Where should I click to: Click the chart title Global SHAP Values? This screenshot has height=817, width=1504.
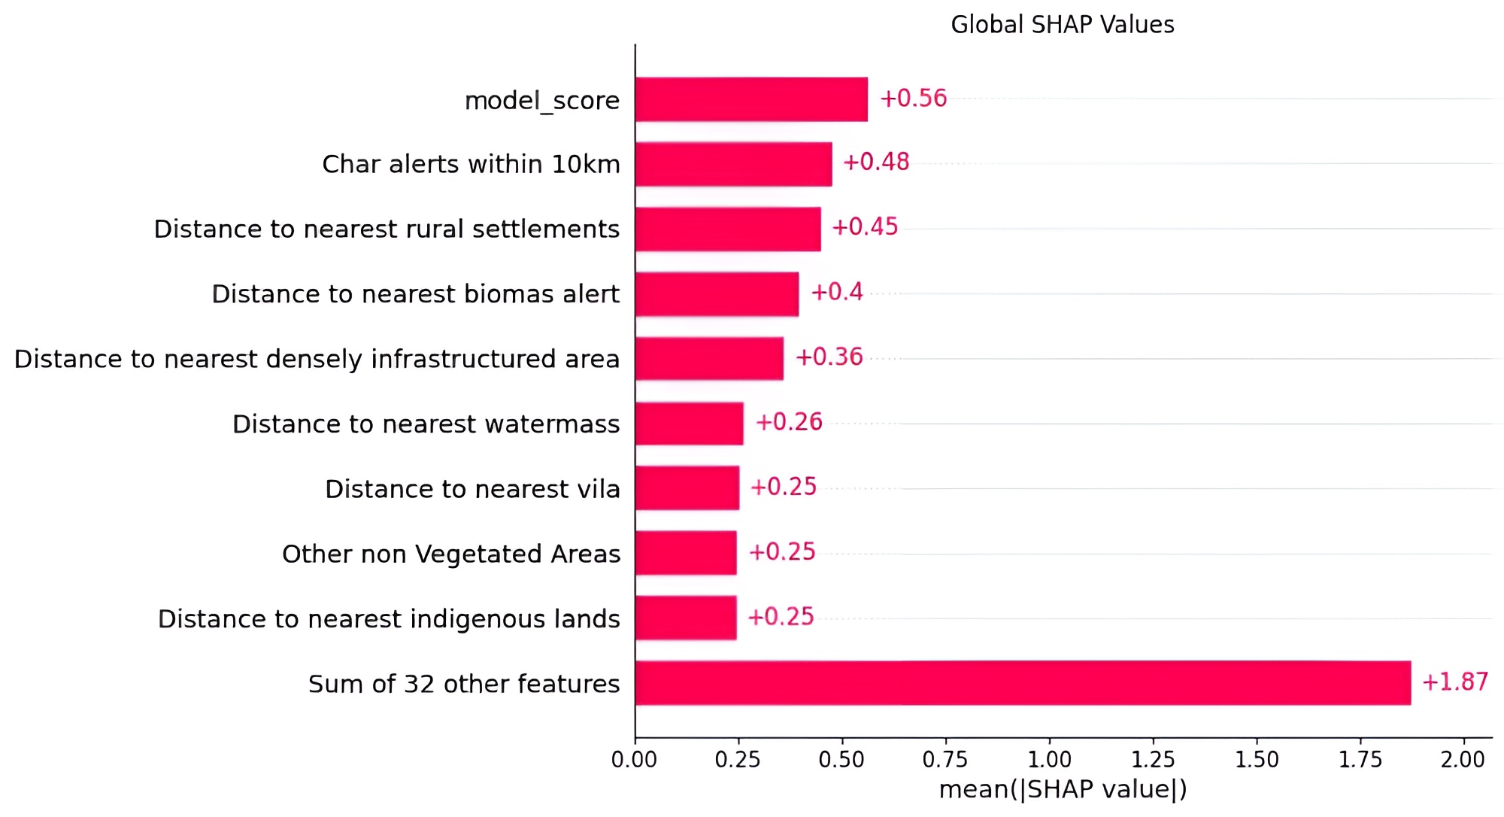[1062, 25]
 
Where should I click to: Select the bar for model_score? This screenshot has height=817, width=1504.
[751, 99]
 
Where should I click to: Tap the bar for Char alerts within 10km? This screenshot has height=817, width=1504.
[733, 164]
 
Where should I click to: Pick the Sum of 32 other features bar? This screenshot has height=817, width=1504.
[1023, 683]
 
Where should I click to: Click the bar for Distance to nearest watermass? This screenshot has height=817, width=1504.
[689, 424]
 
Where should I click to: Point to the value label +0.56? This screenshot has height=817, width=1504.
[913, 99]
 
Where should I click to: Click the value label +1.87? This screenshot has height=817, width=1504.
[1454, 682]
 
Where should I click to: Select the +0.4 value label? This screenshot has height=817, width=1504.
[836, 292]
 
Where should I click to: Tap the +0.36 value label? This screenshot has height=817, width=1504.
[829, 357]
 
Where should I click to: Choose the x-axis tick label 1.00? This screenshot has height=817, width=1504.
[1049, 760]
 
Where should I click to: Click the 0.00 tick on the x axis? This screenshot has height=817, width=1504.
[635, 760]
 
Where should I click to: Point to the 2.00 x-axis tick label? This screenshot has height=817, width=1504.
[1463, 760]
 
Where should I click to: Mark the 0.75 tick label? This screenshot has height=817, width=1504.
[945, 760]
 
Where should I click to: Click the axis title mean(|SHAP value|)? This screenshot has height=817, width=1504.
[1063, 789]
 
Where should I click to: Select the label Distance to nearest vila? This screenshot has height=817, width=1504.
[472, 489]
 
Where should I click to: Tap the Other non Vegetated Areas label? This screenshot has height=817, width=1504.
[451, 554]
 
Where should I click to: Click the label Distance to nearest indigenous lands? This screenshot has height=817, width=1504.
[389, 619]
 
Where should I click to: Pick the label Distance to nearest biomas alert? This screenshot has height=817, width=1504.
[415, 294]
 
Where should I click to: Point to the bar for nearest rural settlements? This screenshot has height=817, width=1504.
[728, 229]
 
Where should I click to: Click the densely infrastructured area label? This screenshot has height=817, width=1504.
[317, 359]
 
